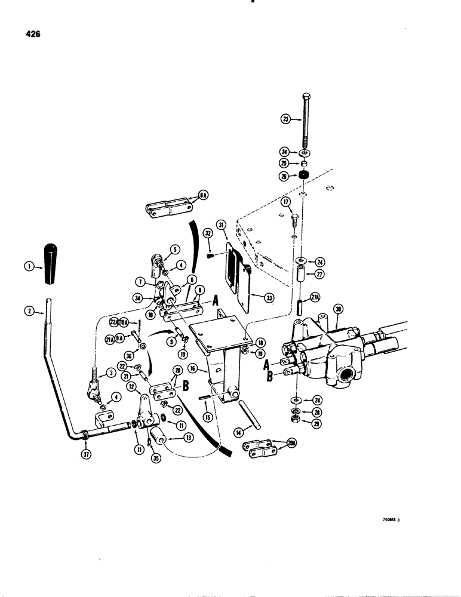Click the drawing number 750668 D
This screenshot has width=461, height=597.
391,519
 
